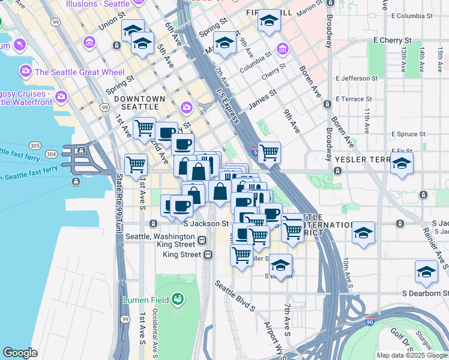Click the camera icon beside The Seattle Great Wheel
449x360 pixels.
click(x=26, y=71)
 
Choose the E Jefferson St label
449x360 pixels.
click(x=357, y=78)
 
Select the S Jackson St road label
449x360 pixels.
click(x=206, y=223)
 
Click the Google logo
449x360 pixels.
click(x=20, y=353)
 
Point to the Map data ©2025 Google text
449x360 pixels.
click(x=411, y=355)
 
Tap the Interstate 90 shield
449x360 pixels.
click(x=369, y=322)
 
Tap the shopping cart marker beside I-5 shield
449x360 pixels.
click(x=268, y=152)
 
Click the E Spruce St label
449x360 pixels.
click(x=409, y=134)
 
